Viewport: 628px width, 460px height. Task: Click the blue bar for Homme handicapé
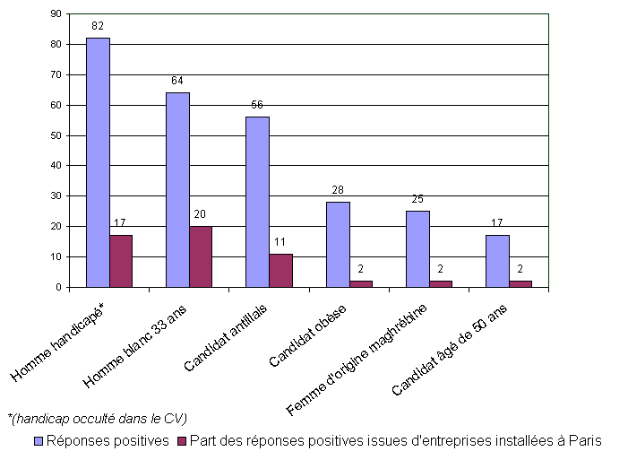coord(98,162)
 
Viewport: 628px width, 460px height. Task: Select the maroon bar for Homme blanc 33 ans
coord(201,256)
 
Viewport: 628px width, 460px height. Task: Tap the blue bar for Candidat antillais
coord(257,202)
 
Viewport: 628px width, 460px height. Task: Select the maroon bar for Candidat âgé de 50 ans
coord(520,283)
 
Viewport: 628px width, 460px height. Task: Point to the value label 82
coord(98,27)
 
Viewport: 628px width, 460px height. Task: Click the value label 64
coord(177,82)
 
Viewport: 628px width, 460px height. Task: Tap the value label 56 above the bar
coord(257,106)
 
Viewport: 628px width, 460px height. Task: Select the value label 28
coord(337,191)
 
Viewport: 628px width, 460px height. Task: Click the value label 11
coord(280,243)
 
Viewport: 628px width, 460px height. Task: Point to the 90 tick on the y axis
coord(56,14)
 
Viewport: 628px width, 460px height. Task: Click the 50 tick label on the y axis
coord(56,135)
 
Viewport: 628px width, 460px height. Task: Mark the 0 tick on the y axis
coord(58,287)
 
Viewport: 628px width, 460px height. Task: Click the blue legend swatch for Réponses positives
coord(39,441)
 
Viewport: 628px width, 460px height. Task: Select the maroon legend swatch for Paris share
coord(181,441)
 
